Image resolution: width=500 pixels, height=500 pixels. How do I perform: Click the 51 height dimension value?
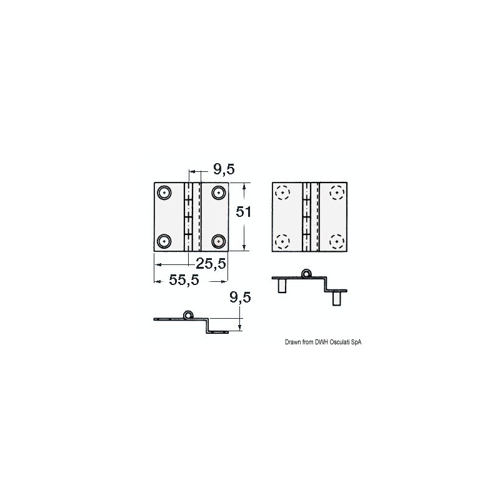coord(244,212)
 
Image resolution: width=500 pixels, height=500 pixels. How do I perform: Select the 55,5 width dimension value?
coord(184,280)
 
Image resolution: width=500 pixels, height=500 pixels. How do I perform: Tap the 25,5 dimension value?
coord(211,263)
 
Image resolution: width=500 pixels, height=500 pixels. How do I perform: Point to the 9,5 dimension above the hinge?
coord(224,169)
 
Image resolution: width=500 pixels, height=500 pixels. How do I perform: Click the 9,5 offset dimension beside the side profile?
coord(240,297)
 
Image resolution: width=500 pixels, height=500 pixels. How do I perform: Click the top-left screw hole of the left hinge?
coord(164,192)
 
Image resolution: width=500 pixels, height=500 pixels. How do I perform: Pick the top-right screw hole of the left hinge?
coord(218,192)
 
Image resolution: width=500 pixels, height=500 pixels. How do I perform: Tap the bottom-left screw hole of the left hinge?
coord(164,241)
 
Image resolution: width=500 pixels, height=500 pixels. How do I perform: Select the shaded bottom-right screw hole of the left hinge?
coord(218,241)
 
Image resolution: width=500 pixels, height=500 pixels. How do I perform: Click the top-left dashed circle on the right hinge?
coord(282,192)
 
